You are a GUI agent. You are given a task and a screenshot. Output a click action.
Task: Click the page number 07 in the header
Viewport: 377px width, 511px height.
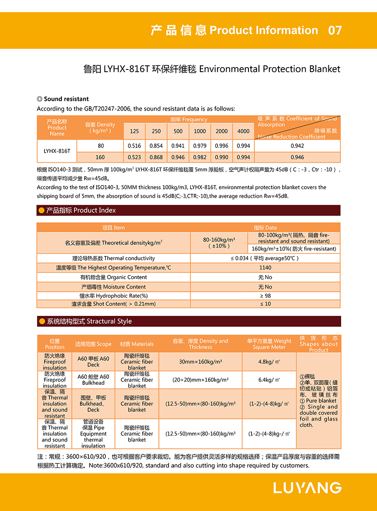[x=335, y=30]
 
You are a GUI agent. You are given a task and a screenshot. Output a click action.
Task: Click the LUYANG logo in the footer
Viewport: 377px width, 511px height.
[x=308, y=488]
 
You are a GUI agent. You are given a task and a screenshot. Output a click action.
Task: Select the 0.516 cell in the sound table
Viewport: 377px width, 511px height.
[x=134, y=146]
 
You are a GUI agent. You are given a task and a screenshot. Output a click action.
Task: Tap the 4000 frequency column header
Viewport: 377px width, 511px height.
[x=243, y=131]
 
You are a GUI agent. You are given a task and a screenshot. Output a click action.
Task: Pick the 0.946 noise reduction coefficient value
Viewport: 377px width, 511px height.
[x=297, y=157]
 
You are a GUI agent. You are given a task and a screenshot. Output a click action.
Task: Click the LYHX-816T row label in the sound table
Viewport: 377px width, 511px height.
[x=57, y=151]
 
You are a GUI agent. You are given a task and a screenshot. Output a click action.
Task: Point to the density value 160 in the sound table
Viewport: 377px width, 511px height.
[x=100, y=157]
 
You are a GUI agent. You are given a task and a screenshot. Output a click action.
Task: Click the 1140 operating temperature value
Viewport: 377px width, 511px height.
[x=265, y=268]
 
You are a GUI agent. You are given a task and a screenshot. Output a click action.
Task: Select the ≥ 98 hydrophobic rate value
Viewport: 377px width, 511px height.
[x=265, y=296]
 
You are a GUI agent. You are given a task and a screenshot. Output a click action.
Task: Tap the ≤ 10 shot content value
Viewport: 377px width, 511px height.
[x=265, y=304]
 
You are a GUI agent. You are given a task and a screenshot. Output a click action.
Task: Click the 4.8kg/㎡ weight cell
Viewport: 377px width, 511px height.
[x=269, y=362]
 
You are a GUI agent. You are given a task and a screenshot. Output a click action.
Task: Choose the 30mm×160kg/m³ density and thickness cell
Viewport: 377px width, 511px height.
[x=200, y=362]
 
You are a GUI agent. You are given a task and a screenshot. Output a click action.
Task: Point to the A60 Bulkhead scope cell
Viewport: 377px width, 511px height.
[x=93, y=380]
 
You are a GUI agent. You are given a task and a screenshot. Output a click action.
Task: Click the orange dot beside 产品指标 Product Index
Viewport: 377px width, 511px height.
[x=42, y=211]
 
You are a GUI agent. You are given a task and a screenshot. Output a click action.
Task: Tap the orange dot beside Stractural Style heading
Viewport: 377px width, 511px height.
[x=42, y=321]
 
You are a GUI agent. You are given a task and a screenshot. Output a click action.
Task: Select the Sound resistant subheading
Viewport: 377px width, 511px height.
[x=66, y=99]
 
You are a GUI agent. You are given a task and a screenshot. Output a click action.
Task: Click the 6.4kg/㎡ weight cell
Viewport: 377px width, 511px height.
[x=269, y=380]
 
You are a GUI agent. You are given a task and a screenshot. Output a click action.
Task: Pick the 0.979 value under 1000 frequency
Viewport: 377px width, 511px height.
[x=200, y=146]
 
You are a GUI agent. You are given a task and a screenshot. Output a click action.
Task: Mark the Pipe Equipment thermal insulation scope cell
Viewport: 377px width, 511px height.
[x=93, y=434]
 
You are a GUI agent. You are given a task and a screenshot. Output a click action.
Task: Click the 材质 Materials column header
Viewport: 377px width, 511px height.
[x=137, y=344]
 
